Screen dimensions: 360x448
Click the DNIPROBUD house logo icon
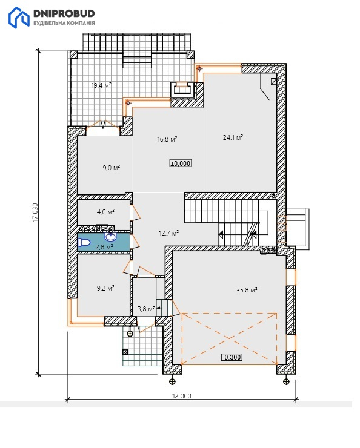point(19,18)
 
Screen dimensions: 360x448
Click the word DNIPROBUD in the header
point(64,13)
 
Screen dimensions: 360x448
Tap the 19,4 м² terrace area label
point(101,85)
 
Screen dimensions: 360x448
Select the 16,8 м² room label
point(167,139)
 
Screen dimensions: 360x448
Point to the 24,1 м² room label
point(233,137)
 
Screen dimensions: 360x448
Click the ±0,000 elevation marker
point(181,163)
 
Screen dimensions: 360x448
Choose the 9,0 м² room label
point(112,168)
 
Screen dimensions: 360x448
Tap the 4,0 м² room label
point(105,212)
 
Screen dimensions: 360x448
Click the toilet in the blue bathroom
point(84,242)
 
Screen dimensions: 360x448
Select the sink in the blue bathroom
point(111,237)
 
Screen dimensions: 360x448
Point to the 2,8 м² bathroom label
point(104,247)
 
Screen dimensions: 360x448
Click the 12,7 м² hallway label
point(168,233)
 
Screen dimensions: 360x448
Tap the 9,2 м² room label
point(105,288)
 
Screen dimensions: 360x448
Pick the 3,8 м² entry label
point(146,309)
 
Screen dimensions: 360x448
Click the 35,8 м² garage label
point(247,290)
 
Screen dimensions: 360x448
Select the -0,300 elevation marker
point(232,357)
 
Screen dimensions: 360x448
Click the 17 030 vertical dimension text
point(35,212)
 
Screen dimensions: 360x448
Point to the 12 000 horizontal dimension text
point(182,396)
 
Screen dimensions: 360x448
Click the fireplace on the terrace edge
point(183,90)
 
